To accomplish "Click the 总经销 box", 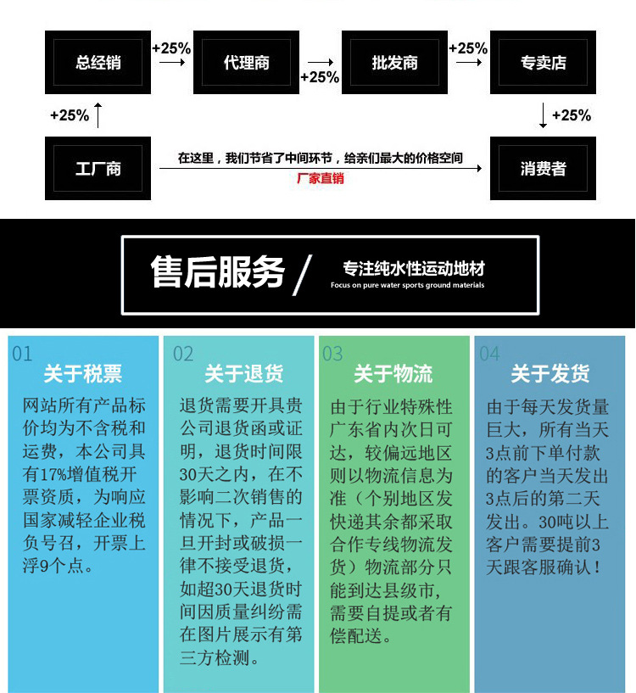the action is click(98, 62).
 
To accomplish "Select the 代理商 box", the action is click(246, 62).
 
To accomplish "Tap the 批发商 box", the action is click(394, 62).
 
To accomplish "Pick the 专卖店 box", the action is click(544, 62).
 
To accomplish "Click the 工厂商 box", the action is click(98, 169).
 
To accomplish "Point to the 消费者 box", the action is click(544, 169).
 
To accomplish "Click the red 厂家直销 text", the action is click(320, 179).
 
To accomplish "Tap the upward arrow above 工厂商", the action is click(98, 115).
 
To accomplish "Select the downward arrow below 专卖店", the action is click(544, 115).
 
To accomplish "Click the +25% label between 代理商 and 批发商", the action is click(320, 77).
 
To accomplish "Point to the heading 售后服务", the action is click(217, 272).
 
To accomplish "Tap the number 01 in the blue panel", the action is click(22, 354).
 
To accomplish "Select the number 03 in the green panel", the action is click(332, 354).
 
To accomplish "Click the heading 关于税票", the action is click(82, 374).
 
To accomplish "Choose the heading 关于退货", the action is click(244, 374).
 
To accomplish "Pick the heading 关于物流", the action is click(393, 374).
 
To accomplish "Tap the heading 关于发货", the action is click(550, 374).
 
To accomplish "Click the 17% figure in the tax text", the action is click(53, 475).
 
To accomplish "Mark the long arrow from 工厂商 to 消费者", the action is click(321, 169).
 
